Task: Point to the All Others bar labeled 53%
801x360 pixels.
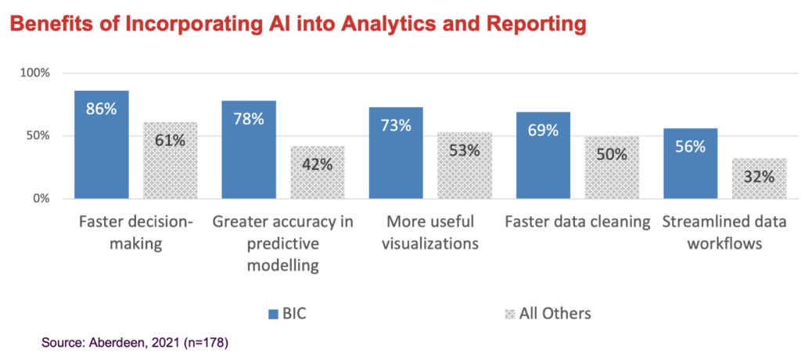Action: tap(464, 165)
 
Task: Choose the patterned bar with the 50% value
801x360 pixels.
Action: tap(611, 167)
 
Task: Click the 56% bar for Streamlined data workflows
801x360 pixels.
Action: tap(690, 164)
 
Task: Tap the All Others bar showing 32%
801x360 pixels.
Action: tap(759, 178)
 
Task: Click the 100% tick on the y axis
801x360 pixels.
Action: tap(34, 73)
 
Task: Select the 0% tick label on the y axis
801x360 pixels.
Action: tap(41, 199)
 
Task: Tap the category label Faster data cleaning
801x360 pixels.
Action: tap(578, 222)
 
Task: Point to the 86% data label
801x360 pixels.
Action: tap(101, 109)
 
